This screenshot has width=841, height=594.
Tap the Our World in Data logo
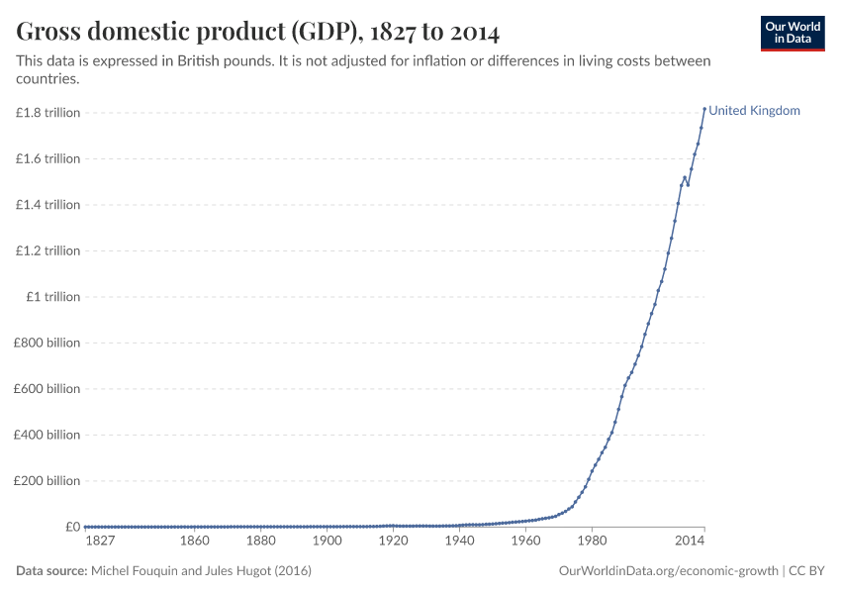[792, 33]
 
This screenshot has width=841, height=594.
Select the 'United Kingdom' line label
[754, 111]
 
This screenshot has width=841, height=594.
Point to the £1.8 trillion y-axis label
[47, 113]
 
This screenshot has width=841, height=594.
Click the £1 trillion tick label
[53, 297]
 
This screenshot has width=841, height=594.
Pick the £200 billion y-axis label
[47, 481]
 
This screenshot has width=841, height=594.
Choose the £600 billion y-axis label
[47, 389]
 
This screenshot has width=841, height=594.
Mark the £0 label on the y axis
[71, 527]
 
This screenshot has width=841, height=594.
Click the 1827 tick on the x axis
[100, 542]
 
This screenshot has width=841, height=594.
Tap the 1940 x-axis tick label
[459, 542]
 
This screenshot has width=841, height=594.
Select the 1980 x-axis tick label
[591, 542]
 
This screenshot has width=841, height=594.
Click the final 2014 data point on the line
[703, 109]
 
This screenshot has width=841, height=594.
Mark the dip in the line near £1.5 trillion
[688, 185]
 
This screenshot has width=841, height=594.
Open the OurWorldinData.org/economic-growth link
[669, 571]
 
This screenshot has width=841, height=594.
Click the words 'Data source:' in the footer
[51, 571]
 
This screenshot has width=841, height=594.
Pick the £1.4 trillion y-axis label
[47, 205]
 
